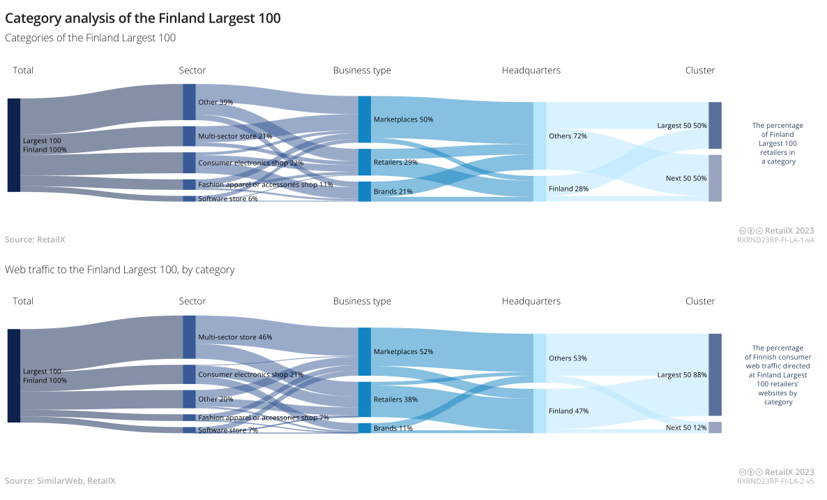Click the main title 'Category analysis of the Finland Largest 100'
143,19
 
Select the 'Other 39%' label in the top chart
215,102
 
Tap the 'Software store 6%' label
227,199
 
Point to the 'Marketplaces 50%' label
403,119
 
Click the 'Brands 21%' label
393,191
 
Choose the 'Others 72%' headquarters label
568,136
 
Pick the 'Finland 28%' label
568,189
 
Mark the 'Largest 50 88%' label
681,375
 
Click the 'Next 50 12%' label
686,427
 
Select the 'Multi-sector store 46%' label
235,337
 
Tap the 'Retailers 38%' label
395,400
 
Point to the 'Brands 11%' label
393,428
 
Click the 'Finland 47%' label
568,411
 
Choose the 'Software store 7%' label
227,430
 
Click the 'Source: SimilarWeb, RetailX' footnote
60,481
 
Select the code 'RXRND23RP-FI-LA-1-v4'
775,240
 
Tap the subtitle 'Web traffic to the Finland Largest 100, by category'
119,270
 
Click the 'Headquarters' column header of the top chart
531,71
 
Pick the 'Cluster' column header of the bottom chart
700,301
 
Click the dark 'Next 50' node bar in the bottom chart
715,427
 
